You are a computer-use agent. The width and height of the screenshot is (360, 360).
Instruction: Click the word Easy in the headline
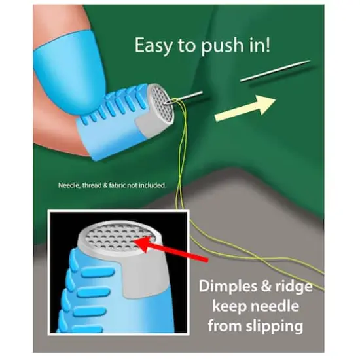pyautogui.click(x=153, y=46)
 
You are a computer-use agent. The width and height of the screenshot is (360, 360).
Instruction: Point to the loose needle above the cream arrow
pyautogui.click(x=274, y=71)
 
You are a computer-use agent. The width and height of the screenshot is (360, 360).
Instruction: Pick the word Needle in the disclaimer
pyautogui.click(x=68, y=185)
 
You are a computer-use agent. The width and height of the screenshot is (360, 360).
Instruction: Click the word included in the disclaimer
pyautogui.click(x=151, y=185)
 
